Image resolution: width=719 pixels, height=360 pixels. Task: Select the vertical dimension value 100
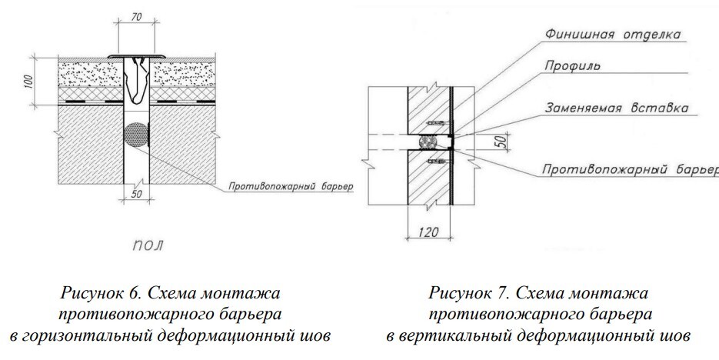click(28, 82)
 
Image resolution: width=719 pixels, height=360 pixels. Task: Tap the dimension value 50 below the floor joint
click(135, 194)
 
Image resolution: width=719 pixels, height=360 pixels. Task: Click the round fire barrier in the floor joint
click(135, 134)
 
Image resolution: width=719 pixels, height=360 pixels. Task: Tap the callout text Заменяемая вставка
click(603, 108)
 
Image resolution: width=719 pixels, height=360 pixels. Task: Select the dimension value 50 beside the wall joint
click(499, 142)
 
